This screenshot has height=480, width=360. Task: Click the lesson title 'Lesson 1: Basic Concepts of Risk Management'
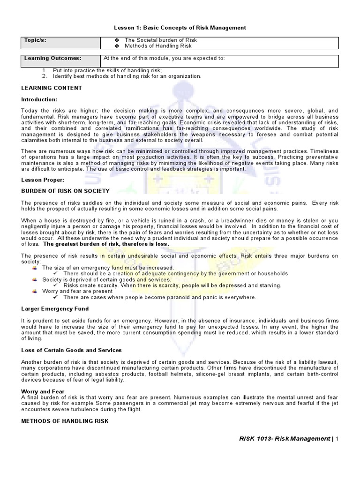(x=180, y=28)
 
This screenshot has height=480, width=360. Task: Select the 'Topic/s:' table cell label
(x=36, y=41)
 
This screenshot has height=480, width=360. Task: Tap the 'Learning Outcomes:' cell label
(x=52, y=58)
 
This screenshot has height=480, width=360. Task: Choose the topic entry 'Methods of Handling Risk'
(x=158, y=46)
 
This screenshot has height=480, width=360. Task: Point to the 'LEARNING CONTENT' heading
(x=52, y=88)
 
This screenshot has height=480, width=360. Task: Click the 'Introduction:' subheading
(x=39, y=100)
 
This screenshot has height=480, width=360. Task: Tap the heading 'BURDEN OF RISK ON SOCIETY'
(x=66, y=191)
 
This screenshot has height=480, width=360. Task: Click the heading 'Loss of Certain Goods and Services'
(x=71, y=350)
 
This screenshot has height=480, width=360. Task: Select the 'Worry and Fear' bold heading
(x=43, y=391)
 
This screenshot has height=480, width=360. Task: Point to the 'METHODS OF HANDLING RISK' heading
(x=65, y=421)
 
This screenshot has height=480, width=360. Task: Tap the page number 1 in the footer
(x=337, y=439)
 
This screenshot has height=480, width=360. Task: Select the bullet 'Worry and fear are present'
(x=77, y=291)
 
